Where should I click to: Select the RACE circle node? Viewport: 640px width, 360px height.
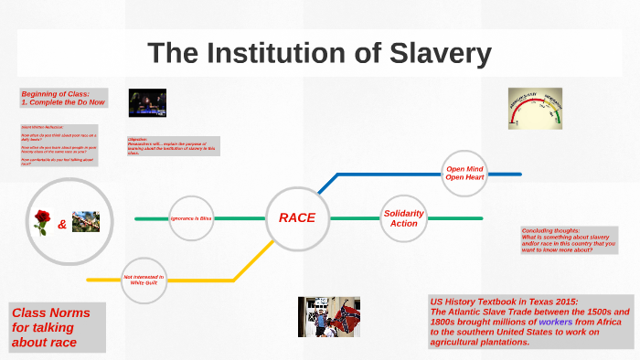coord(296,218)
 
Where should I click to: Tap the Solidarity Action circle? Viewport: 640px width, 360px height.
coord(403,218)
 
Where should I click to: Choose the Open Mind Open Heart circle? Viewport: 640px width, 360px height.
coord(464,174)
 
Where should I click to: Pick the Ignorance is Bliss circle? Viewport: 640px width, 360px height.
coord(191,219)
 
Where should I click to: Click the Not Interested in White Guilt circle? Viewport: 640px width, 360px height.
coord(144,280)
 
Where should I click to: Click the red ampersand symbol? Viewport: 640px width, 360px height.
coord(62,224)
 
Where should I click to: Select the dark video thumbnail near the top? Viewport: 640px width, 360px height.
coord(146,103)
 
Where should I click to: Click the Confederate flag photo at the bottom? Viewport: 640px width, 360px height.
coord(327,316)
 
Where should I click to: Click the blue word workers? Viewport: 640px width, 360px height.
coord(556,323)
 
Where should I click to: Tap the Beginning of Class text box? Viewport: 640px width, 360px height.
coord(63,98)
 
